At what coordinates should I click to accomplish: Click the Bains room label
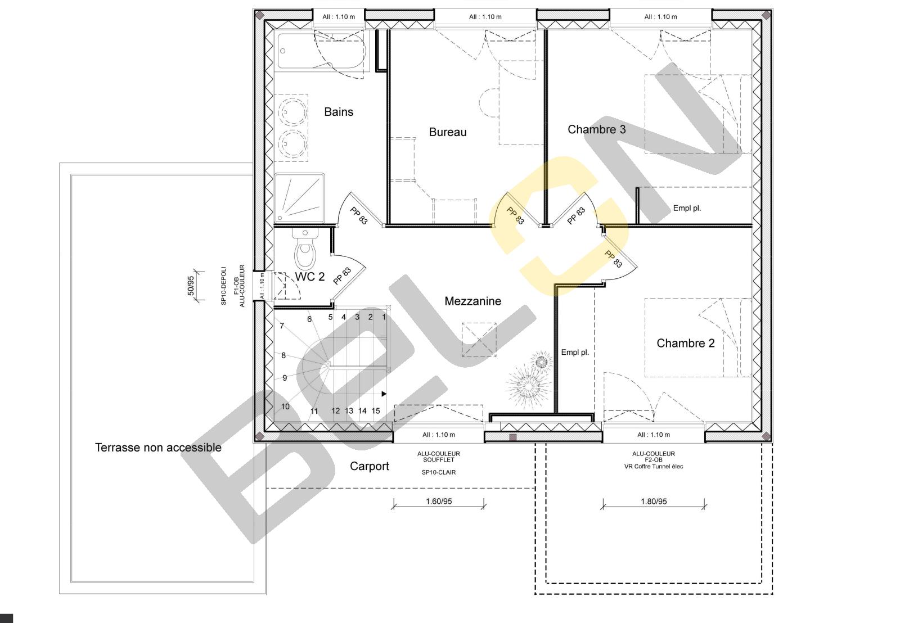(339, 112)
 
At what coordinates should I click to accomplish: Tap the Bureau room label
(448, 132)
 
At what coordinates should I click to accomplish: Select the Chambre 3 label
(597, 129)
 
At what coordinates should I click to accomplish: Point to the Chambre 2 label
(686, 343)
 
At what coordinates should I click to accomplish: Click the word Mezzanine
(472, 301)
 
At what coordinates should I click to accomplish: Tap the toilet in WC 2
(305, 249)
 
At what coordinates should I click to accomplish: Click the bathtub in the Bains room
(321, 51)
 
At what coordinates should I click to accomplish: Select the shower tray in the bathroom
(299, 198)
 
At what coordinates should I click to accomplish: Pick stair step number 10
(285, 407)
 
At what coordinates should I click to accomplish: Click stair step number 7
(282, 326)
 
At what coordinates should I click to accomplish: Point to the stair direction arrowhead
(384, 394)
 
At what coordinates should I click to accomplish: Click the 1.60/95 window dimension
(439, 502)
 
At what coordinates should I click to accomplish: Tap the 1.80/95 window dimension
(654, 502)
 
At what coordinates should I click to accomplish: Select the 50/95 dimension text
(191, 286)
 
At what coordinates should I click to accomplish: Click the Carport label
(369, 466)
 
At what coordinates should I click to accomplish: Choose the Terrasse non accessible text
(158, 448)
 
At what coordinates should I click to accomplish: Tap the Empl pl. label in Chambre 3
(687, 208)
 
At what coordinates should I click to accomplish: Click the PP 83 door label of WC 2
(342, 276)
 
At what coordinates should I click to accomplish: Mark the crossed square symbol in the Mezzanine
(479, 340)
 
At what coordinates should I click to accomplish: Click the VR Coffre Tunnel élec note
(654, 466)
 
